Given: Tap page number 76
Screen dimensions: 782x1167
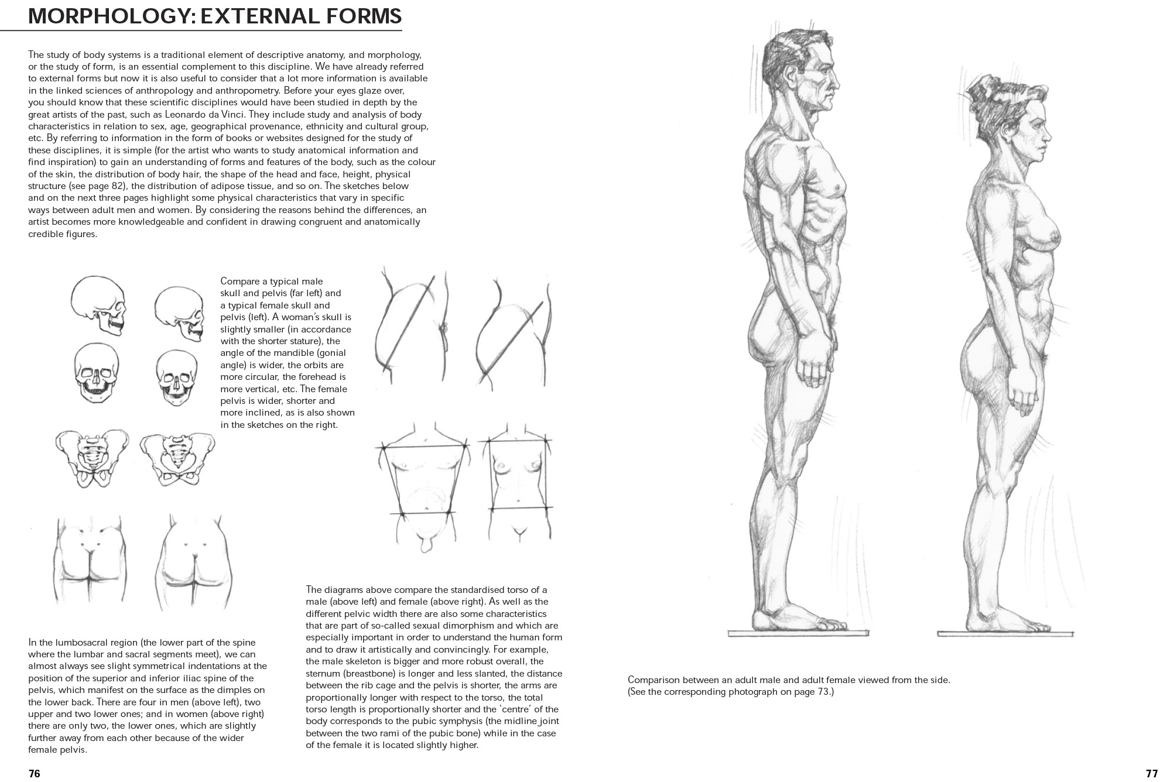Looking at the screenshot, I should coord(35,773).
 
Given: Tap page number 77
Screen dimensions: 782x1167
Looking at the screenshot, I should coord(1151,773).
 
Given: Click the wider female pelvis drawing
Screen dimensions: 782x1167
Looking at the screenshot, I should coord(177,459).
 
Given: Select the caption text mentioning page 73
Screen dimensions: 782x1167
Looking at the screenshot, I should coord(730,692).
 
